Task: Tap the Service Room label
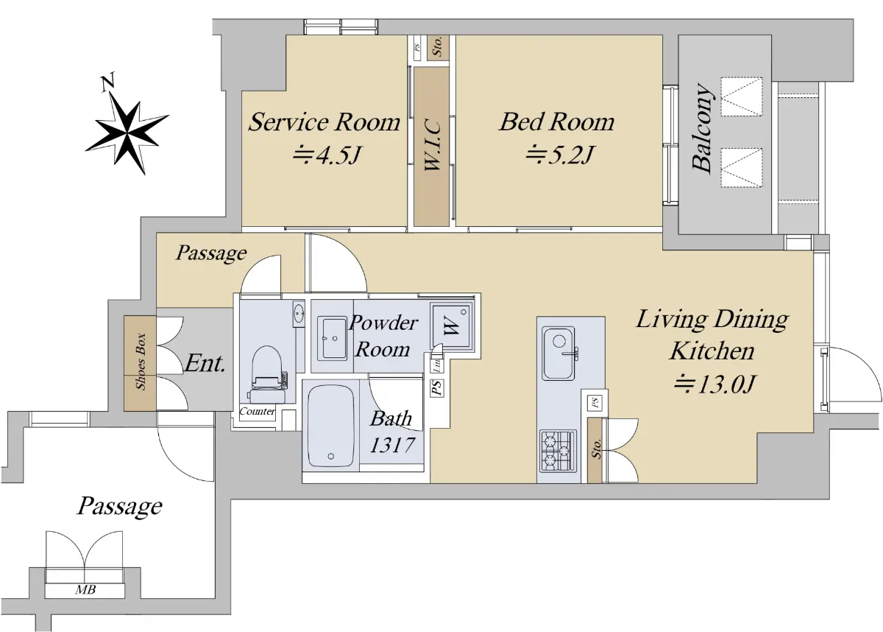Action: pyautogui.click(x=324, y=122)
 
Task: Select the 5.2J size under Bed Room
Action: pyautogui.click(x=559, y=155)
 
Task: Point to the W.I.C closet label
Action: pyautogui.click(x=433, y=146)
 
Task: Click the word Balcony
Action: pyautogui.click(x=703, y=129)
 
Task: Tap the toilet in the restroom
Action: pyautogui.click(x=267, y=374)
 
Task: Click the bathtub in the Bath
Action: pyautogui.click(x=330, y=426)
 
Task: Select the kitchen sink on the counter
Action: pyautogui.click(x=558, y=353)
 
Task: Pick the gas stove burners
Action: pyautogui.click(x=558, y=451)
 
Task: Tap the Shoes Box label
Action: pyautogui.click(x=141, y=362)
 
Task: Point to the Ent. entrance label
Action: pyautogui.click(x=205, y=363)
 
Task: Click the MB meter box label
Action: pyautogui.click(x=85, y=590)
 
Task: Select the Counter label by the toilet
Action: pyautogui.click(x=257, y=411)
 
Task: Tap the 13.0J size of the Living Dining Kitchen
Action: pyautogui.click(x=714, y=384)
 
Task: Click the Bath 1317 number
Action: pyautogui.click(x=392, y=446)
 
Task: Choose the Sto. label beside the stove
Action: pyautogui.click(x=596, y=449)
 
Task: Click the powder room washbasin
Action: pyautogui.click(x=333, y=338)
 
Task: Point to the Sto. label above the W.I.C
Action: pyautogui.click(x=437, y=46)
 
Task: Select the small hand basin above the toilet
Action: pyautogui.click(x=299, y=314)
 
